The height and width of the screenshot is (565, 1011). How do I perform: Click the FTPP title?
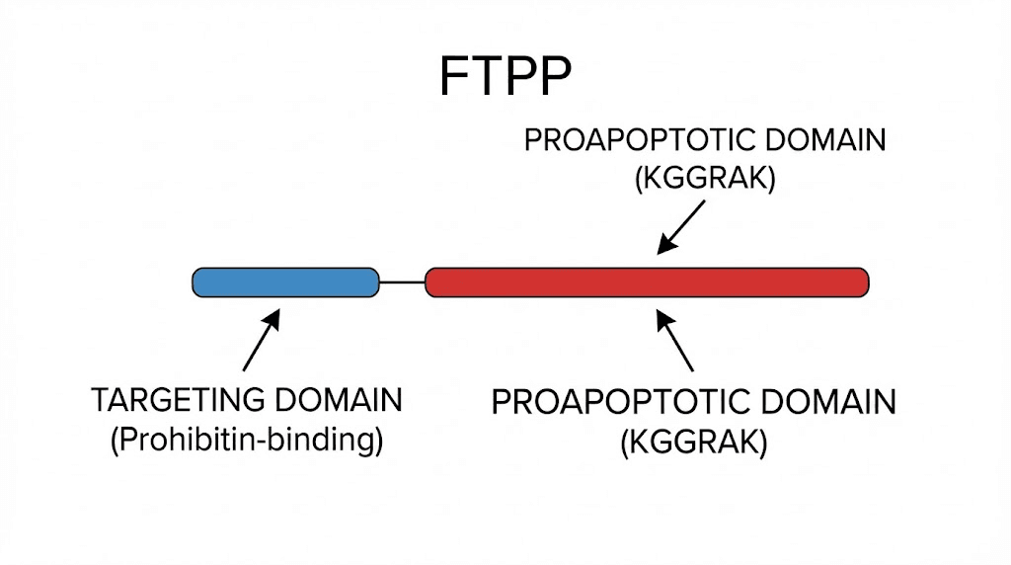(505, 76)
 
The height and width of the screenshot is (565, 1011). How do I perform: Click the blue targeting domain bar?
(285, 282)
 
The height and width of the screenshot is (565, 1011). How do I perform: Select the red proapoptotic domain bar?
(647, 282)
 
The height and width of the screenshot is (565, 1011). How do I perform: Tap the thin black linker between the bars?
(402, 282)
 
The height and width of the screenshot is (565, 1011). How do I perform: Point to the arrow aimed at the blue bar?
(260, 342)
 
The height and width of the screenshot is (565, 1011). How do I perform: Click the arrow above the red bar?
(682, 227)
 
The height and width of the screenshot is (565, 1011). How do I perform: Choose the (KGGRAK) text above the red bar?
(704, 180)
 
